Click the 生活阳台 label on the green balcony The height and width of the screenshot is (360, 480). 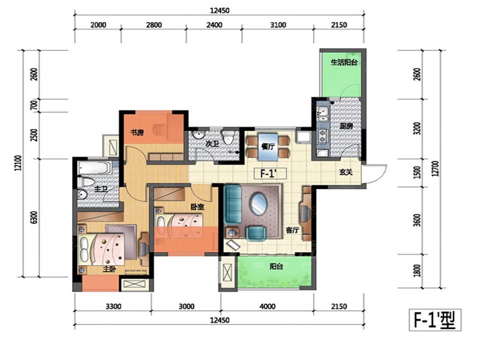(344, 62)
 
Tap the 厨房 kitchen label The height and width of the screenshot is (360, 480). (346, 126)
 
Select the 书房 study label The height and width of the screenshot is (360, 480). (137, 133)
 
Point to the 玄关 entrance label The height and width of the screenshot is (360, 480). (346, 172)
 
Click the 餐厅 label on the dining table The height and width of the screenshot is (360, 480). (268, 146)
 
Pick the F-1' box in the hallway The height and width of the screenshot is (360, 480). (271, 173)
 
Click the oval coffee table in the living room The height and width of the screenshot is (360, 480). (259, 203)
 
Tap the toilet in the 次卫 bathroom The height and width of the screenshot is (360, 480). (228, 137)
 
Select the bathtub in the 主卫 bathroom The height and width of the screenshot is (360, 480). (95, 168)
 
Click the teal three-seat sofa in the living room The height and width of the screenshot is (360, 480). (233, 204)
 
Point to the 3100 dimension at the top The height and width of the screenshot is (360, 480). (278, 25)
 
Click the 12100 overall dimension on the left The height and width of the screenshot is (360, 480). (19, 163)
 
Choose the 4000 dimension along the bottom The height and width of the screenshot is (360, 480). (267, 306)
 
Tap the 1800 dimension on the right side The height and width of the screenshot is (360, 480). (417, 271)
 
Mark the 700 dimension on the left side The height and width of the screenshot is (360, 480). (34, 105)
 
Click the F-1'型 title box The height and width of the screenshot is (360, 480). (435, 320)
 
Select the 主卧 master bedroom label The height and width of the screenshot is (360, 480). (109, 269)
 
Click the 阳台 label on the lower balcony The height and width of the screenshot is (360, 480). (276, 266)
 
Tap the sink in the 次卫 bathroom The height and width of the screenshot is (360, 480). (199, 136)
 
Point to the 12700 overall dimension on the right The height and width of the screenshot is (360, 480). (436, 169)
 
